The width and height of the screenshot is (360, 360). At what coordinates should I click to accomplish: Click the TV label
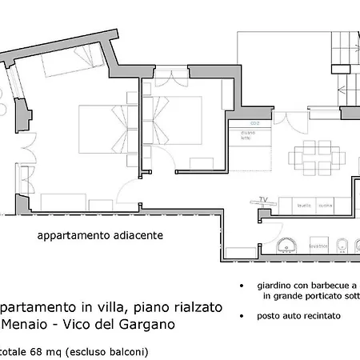(x=262, y=199)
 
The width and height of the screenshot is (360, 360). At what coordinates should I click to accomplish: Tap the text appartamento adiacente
(x=100, y=236)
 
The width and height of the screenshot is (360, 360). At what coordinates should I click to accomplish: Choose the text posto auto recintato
(x=298, y=316)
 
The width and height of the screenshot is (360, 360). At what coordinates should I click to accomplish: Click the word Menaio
(x=23, y=326)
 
